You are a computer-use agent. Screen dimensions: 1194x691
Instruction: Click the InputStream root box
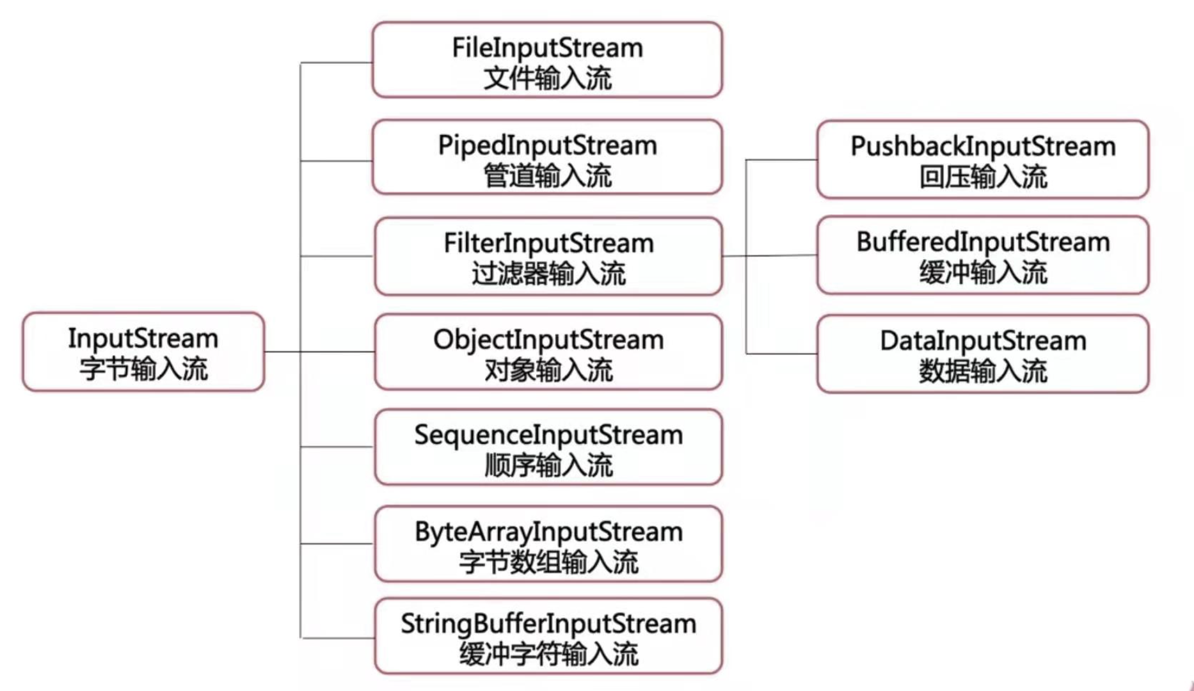[143, 352]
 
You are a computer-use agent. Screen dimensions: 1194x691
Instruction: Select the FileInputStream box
[547, 60]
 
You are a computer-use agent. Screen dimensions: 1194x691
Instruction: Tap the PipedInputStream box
[547, 157]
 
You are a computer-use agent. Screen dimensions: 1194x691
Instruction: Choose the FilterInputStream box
[548, 256]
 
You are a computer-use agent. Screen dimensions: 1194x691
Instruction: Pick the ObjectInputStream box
[548, 352]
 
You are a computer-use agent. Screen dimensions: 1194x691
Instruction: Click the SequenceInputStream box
[548, 447]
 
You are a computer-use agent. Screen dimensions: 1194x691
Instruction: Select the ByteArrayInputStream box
[548, 544]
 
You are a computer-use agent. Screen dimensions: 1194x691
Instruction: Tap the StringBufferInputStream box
[548, 636]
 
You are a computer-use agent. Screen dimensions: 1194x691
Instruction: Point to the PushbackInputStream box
[983, 159]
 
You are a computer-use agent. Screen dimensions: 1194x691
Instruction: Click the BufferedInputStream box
[983, 255]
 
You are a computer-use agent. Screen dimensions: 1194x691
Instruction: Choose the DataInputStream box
[983, 354]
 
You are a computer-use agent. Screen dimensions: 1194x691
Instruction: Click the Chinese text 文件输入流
[548, 78]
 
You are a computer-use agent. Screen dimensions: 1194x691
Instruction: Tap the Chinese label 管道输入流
[548, 176]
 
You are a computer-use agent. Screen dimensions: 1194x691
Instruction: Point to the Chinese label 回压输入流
[983, 177]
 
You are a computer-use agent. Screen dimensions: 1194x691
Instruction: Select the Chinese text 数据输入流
[983, 371]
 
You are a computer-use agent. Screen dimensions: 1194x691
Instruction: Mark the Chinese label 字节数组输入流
[548, 562]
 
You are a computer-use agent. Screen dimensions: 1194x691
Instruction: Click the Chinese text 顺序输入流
[548, 465]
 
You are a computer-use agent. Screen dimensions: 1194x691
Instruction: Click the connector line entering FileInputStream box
[336, 63]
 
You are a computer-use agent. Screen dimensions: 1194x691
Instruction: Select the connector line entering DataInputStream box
[781, 353]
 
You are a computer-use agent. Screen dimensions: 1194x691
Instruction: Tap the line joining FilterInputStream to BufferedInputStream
[770, 256]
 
